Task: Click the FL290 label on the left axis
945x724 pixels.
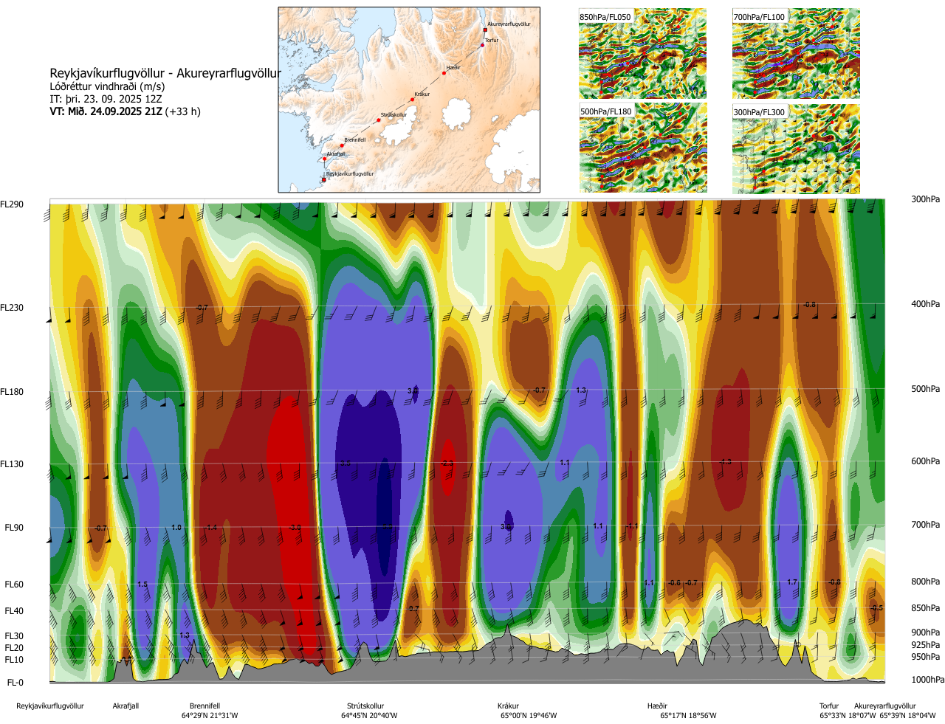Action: pos(12,204)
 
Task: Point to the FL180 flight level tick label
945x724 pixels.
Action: pos(12,392)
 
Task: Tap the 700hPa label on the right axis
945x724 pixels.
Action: pos(925,525)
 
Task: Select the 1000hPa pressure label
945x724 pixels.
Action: pos(927,680)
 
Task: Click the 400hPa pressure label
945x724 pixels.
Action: pos(925,304)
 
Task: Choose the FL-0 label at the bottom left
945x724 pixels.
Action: pos(15,683)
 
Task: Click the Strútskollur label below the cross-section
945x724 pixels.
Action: pos(365,706)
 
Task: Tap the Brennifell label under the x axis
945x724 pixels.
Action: pos(205,706)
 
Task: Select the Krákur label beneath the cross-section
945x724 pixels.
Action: pos(508,706)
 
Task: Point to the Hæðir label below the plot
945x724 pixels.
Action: pos(657,706)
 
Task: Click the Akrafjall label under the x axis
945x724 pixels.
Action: pos(126,706)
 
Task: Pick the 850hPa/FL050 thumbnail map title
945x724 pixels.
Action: pos(605,17)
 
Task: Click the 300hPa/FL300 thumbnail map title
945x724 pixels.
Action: pos(759,112)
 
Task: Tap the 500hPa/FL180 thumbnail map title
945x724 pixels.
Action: pos(605,112)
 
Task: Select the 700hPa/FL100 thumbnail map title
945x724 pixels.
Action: pos(759,17)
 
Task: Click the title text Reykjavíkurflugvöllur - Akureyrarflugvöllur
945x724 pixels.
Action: pos(165,73)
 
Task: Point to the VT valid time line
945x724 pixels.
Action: pos(125,112)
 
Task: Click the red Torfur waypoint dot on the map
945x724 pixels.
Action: pos(483,45)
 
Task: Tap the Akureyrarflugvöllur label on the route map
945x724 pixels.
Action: pos(509,24)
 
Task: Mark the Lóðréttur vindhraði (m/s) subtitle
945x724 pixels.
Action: pos(107,86)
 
